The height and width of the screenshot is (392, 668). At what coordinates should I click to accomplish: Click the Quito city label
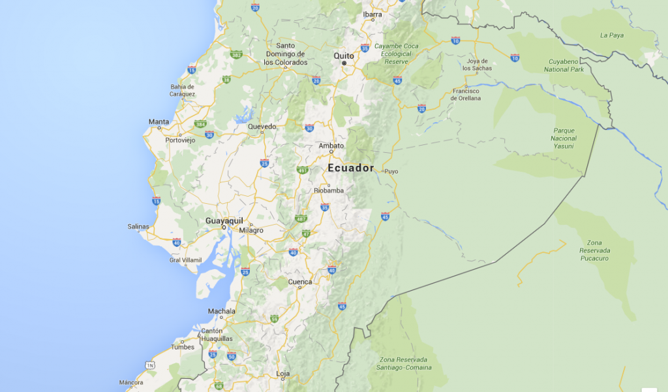click(344, 56)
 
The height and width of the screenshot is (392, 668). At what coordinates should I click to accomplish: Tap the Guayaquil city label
click(224, 221)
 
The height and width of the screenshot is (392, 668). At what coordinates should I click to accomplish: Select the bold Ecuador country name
click(351, 168)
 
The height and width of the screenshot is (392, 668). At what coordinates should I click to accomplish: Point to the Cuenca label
click(300, 282)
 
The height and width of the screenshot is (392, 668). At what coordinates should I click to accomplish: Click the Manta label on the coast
click(159, 122)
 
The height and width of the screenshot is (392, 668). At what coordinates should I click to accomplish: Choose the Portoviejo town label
click(180, 140)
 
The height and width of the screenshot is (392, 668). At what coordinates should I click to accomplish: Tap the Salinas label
click(138, 227)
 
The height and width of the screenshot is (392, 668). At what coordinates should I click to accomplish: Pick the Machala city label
click(221, 311)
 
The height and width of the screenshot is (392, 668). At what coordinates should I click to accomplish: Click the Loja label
click(283, 374)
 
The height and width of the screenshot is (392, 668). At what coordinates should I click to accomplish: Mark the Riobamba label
click(329, 191)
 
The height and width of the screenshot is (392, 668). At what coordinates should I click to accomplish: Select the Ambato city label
click(331, 146)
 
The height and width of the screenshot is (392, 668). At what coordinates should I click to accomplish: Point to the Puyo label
click(391, 172)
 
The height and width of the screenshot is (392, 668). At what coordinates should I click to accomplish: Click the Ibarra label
click(372, 14)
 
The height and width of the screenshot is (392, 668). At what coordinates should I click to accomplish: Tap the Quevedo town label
click(262, 126)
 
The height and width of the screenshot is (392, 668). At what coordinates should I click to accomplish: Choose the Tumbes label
click(183, 347)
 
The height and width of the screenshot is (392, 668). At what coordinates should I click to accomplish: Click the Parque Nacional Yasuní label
click(564, 138)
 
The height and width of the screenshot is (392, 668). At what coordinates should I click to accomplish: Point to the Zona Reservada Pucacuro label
click(594, 250)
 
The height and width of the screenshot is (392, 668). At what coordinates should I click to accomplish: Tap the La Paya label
click(612, 35)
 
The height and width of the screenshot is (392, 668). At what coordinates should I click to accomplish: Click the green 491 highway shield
click(302, 170)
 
